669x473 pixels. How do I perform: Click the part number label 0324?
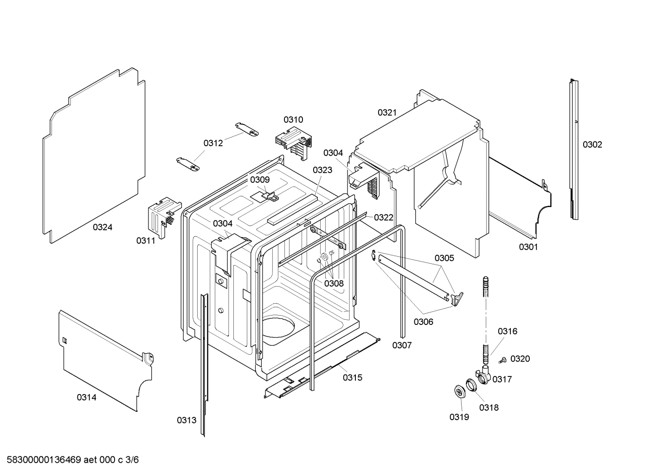(103, 227)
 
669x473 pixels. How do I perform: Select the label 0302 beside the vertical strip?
(592, 144)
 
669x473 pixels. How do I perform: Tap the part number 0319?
(459, 417)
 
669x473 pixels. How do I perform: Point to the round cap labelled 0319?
(460, 391)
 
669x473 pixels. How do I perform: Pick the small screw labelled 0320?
(502, 360)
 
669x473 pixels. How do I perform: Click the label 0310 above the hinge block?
(293, 120)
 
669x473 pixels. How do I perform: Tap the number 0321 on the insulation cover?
(387, 112)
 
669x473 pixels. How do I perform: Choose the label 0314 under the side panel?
(87, 397)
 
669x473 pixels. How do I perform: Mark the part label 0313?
(187, 420)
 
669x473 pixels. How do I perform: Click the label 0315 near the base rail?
(353, 377)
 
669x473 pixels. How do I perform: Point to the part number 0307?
(402, 345)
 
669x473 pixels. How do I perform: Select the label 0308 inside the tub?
(334, 283)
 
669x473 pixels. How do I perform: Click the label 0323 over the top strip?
(322, 170)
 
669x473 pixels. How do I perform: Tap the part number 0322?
(384, 217)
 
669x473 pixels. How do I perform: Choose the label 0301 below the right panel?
(528, 247)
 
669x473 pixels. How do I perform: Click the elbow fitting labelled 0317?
(483, 374)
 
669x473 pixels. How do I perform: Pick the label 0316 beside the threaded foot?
(508, 331)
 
